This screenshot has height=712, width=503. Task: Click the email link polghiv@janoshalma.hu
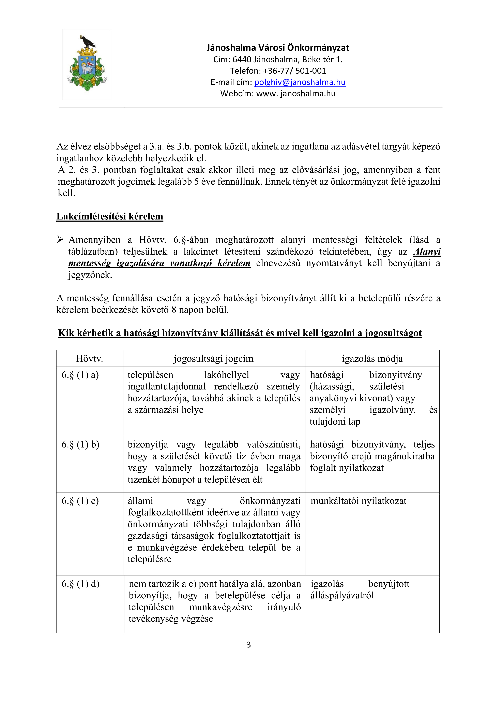(x=300, y=82)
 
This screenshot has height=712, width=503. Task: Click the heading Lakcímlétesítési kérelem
(x=110, y=216)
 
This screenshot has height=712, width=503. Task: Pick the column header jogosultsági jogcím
(x=213, y=359)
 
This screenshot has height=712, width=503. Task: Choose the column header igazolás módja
(x=372, y=359)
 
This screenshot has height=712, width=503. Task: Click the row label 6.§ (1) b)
(x=80, y=445)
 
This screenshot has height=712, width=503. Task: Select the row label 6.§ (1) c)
(x=80, y=501)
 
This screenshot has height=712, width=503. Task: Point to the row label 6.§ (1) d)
(x=80, y=584)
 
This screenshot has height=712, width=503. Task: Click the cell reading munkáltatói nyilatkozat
(x=358, y=501)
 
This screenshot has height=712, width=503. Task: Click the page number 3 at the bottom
(x=248, y=645)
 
